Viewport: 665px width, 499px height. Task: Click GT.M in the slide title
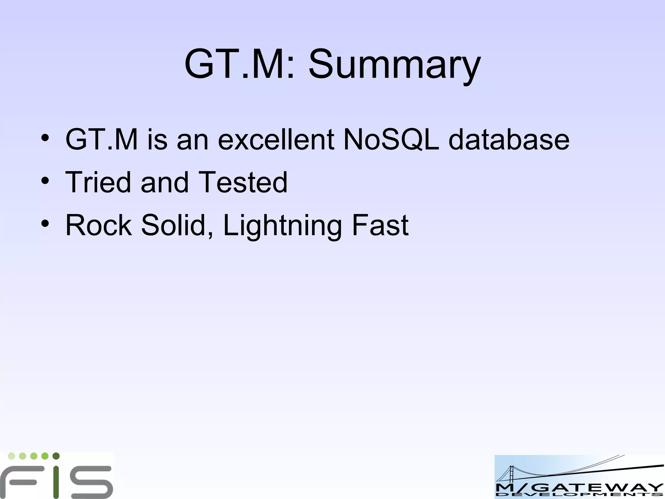[240, 64]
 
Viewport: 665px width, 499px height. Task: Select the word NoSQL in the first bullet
[391, 140]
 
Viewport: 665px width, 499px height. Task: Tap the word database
[509, 140]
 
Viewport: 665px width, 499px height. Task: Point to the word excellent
[276, 140]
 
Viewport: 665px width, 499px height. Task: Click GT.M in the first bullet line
[102, 140]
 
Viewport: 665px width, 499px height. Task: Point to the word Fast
[380, 225]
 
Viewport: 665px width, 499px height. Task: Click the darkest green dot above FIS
[56, 456]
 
